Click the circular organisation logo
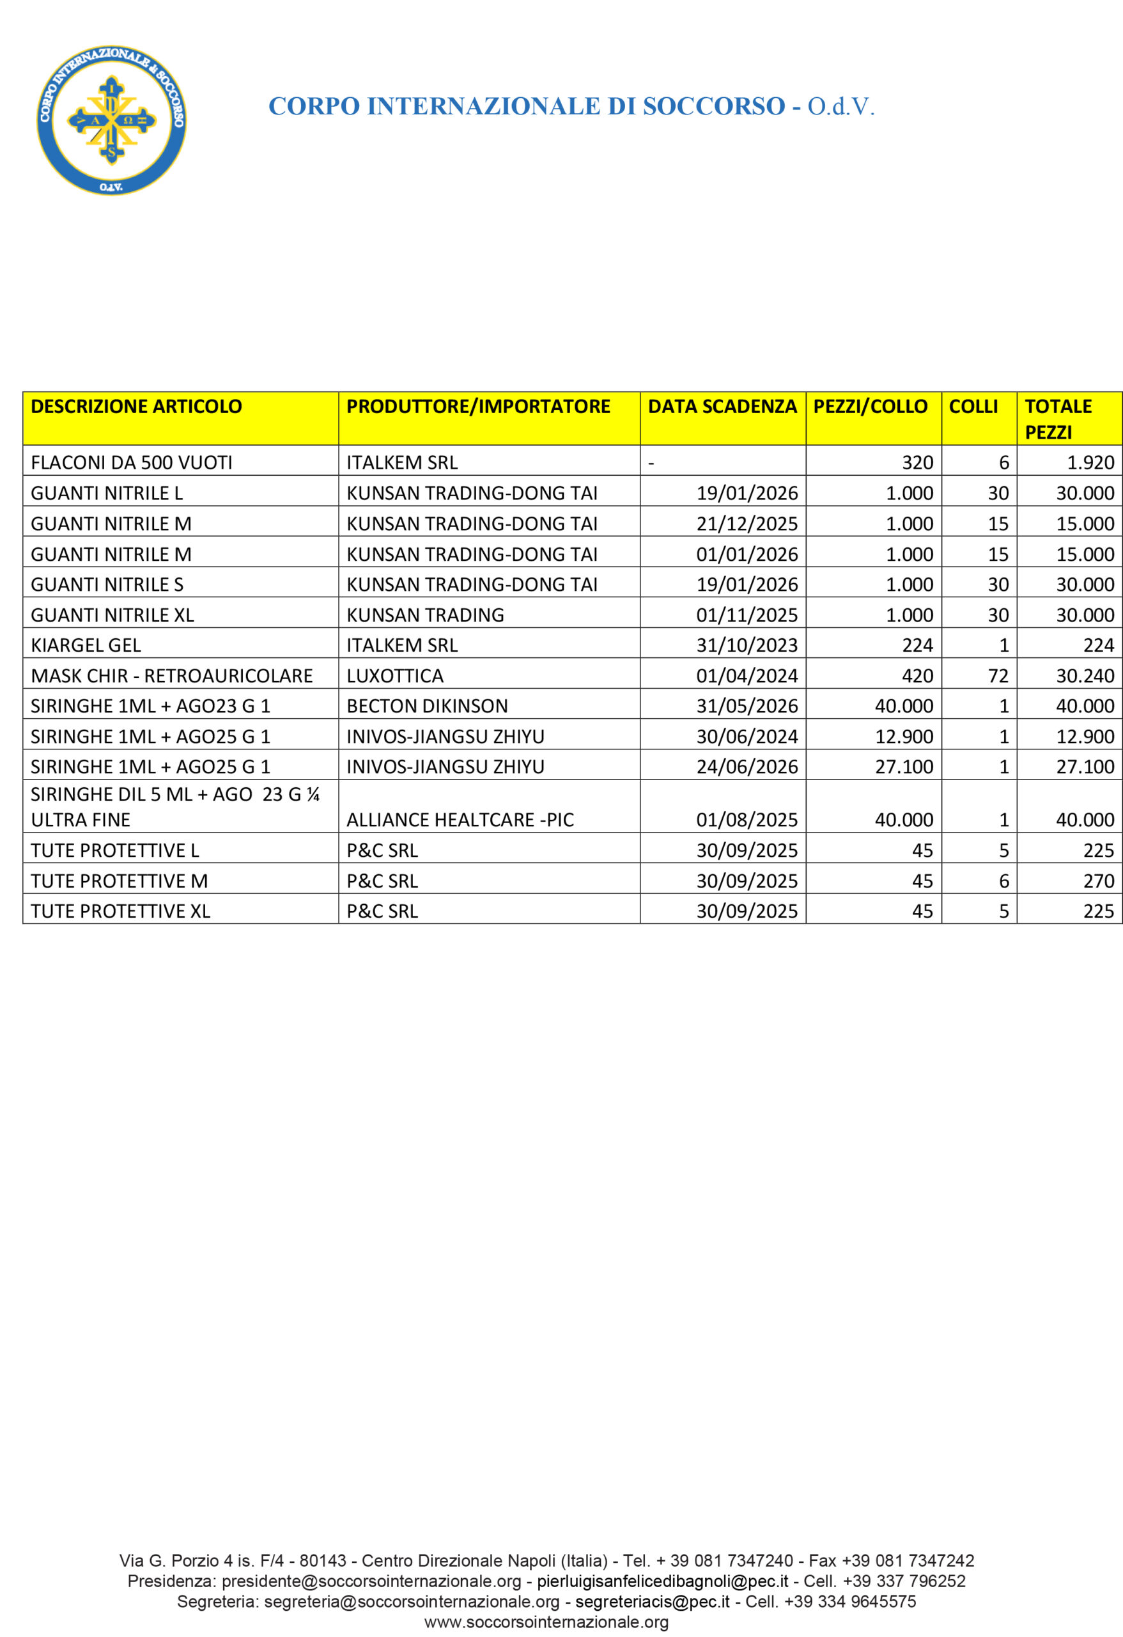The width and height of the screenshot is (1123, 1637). [111, 120]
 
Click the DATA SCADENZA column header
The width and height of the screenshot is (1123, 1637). [722, 407]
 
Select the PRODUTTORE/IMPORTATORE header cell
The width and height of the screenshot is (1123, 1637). [478, 407]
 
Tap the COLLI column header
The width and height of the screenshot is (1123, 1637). [973, 407]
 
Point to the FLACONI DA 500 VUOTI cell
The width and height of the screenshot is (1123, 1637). [132, 462]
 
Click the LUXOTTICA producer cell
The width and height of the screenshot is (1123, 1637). [395, 675]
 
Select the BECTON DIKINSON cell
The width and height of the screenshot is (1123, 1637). [427, 706]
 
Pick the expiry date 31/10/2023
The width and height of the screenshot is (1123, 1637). [747, 645]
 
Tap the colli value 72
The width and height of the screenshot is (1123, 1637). [998, 675]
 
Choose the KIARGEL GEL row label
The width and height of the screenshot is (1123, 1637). [86, 645]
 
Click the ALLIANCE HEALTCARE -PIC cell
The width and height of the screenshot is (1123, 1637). [460, 820]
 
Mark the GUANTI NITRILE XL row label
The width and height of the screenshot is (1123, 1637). [112, 615]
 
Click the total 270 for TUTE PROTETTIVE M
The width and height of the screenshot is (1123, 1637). [1098, 881]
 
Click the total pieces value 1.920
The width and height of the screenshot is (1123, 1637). [1090, 462]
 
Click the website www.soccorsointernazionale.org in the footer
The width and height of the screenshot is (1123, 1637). [546, 1622]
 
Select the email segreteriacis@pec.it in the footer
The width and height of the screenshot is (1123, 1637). [652, 1602]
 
